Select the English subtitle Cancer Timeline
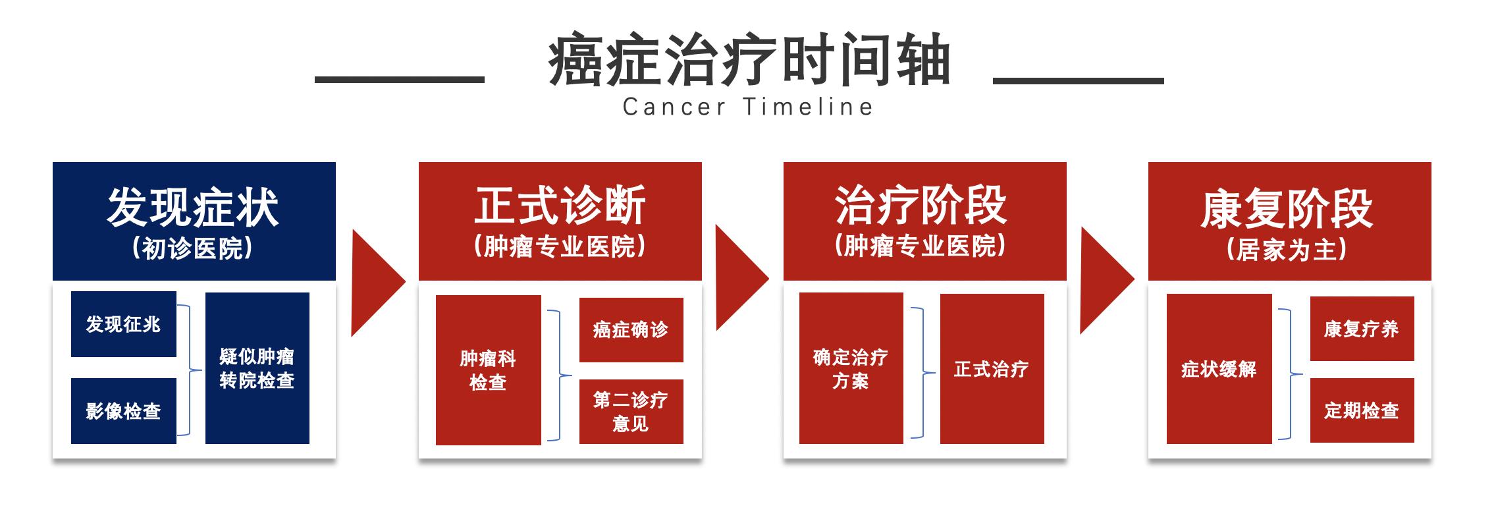click(748, 107)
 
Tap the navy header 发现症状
click(194, 208)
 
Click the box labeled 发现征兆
click(124, 324)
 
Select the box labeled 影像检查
click(124, 411)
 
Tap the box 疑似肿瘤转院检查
click(257, 368)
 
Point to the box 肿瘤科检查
click(488, 370)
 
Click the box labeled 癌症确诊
click(631, 329)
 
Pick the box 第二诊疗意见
click(631, 411)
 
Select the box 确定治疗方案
click(851, 369)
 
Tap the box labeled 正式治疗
click(992, 369)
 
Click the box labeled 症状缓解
click(1218, 369)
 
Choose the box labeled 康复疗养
click(1362, 329)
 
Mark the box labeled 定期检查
click(1362, 410)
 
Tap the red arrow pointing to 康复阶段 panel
click(1104, 280)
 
